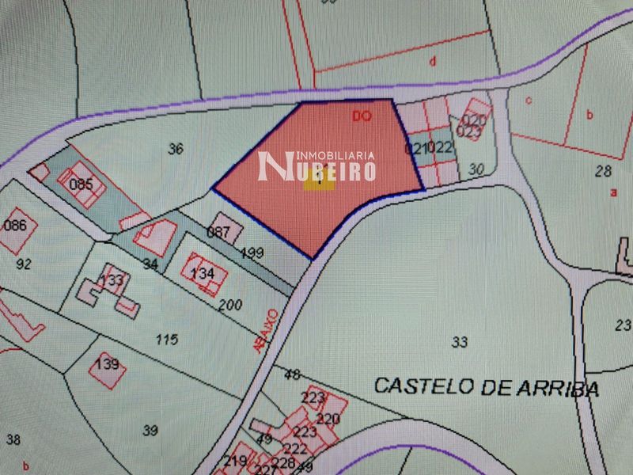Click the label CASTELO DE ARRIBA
(486, 387)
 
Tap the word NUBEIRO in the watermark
(317, 167)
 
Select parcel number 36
(176, 148)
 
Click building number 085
(81, 185)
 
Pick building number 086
(15, 226)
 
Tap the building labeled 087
(218, 233)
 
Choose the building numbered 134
(203, 273)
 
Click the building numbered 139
(107, 364)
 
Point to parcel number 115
(166, 340)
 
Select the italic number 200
(229, 304)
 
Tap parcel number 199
(252, 253)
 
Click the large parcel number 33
(459, 342)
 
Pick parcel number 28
(603, 170)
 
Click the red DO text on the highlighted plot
(362, 116)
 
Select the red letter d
(432, 60)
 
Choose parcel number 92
(24, 264)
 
